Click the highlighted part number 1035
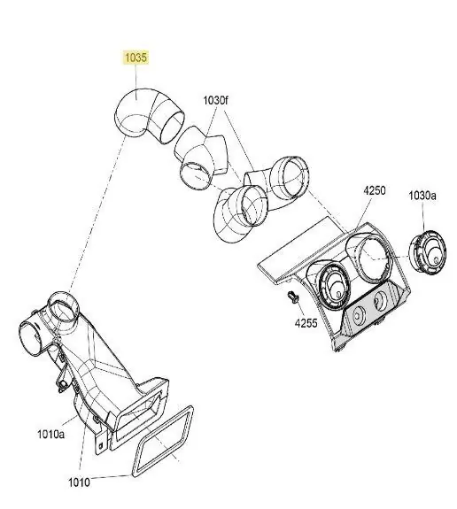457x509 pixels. point(136,58)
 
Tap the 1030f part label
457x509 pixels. point(216,100)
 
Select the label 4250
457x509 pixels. point(374,190)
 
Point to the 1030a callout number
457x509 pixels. point(422,196)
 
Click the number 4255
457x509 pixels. point(306,323)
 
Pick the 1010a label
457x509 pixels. point(51,434)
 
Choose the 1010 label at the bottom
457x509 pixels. point(79,482)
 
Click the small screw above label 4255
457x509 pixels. point(292,297)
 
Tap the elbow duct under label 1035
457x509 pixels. point(149,116)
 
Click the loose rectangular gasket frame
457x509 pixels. point(162,442)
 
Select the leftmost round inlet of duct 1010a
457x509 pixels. point(30,337)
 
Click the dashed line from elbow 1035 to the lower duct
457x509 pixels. point(97,214)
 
